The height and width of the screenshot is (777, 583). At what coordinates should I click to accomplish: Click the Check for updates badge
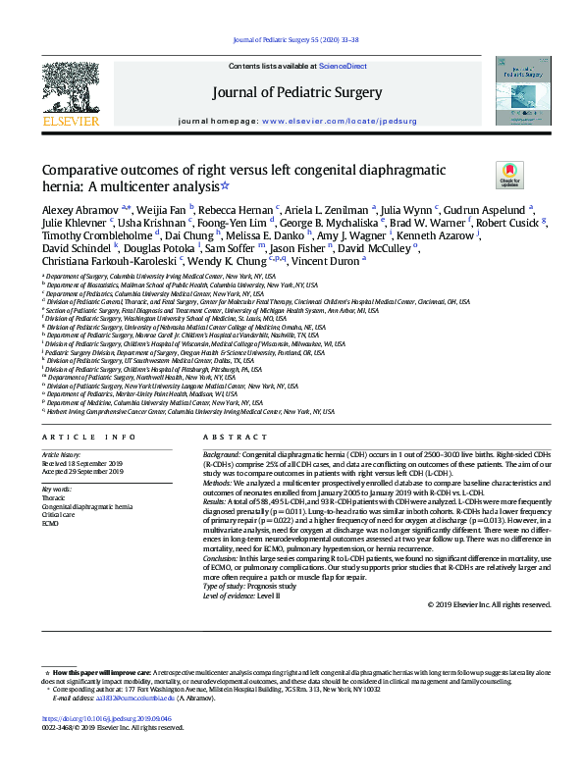pyautogui.click(x=509, y=175)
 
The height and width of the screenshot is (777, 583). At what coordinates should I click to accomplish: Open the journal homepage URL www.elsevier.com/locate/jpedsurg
pyautogui.click(x=338, y=121)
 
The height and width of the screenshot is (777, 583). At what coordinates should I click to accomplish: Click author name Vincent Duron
pyautogui.click(x=332, y=260)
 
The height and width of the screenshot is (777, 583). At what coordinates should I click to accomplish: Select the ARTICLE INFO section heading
pyautogui.click(x=88, y=436)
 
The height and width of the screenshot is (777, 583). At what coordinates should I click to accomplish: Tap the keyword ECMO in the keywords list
pyautogui.click(x=51, y=523)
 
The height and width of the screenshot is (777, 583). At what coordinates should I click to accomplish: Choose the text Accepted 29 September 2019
pyautogui.click(x=82, y=472)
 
